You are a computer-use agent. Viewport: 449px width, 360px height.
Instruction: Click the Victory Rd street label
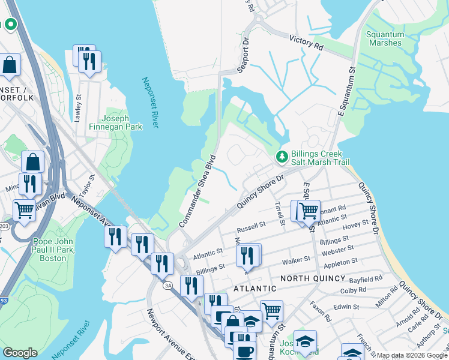[x=306, y=43]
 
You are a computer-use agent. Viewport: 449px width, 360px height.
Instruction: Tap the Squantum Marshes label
[x=384, y=39]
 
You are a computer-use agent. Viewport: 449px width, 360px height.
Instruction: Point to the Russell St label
[x=251, y=227]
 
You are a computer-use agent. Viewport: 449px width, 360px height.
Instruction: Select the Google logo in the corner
[x=20, y=353]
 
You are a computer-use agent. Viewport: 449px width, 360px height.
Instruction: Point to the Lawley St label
[x=77, y=108]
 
